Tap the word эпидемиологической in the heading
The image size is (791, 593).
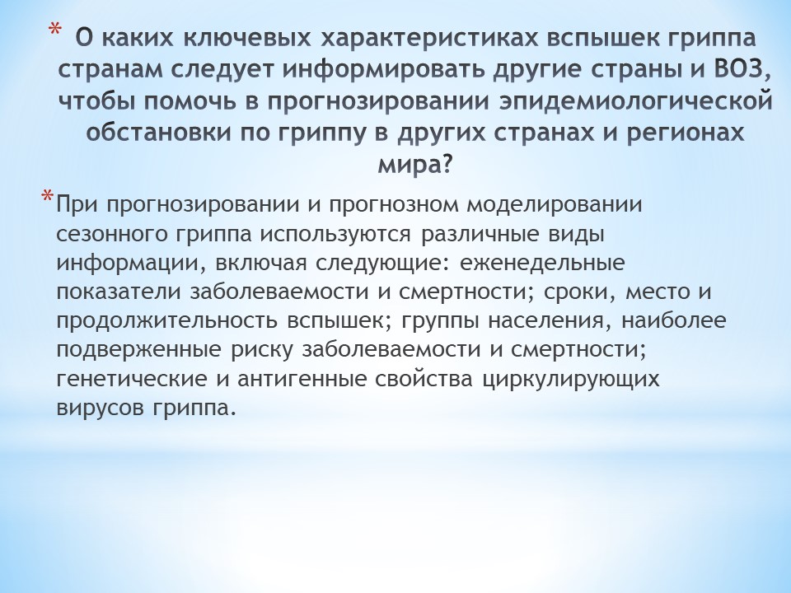[636, 100]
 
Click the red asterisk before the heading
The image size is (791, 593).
[54, 30]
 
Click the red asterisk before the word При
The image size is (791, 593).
[48, 196]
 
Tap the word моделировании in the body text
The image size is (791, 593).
[554, 205]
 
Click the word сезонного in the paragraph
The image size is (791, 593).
[112, 235]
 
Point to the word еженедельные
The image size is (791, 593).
[542, 264]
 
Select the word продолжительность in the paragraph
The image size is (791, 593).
[166, 321]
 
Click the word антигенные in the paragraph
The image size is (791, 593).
[302, 379]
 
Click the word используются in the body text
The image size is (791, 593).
[336, 235]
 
